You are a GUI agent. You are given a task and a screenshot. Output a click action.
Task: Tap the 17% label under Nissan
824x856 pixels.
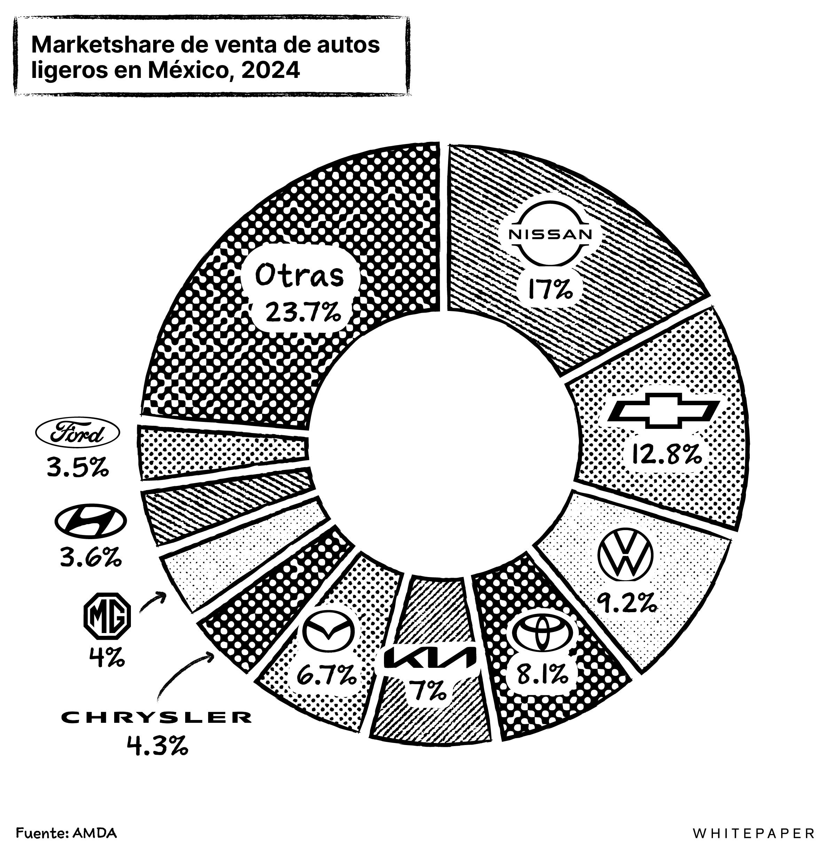click(549, 289)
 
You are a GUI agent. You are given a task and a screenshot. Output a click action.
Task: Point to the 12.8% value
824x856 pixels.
click(665, 455)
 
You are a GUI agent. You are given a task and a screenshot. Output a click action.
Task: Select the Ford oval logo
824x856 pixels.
click(77, 434)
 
